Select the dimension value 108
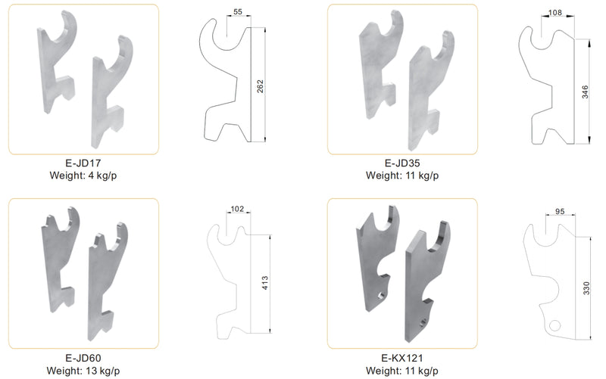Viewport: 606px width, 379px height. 555,13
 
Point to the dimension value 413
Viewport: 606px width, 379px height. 265,284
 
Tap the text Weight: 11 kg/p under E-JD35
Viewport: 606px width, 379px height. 402,176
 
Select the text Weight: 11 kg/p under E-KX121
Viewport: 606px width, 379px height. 402,371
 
